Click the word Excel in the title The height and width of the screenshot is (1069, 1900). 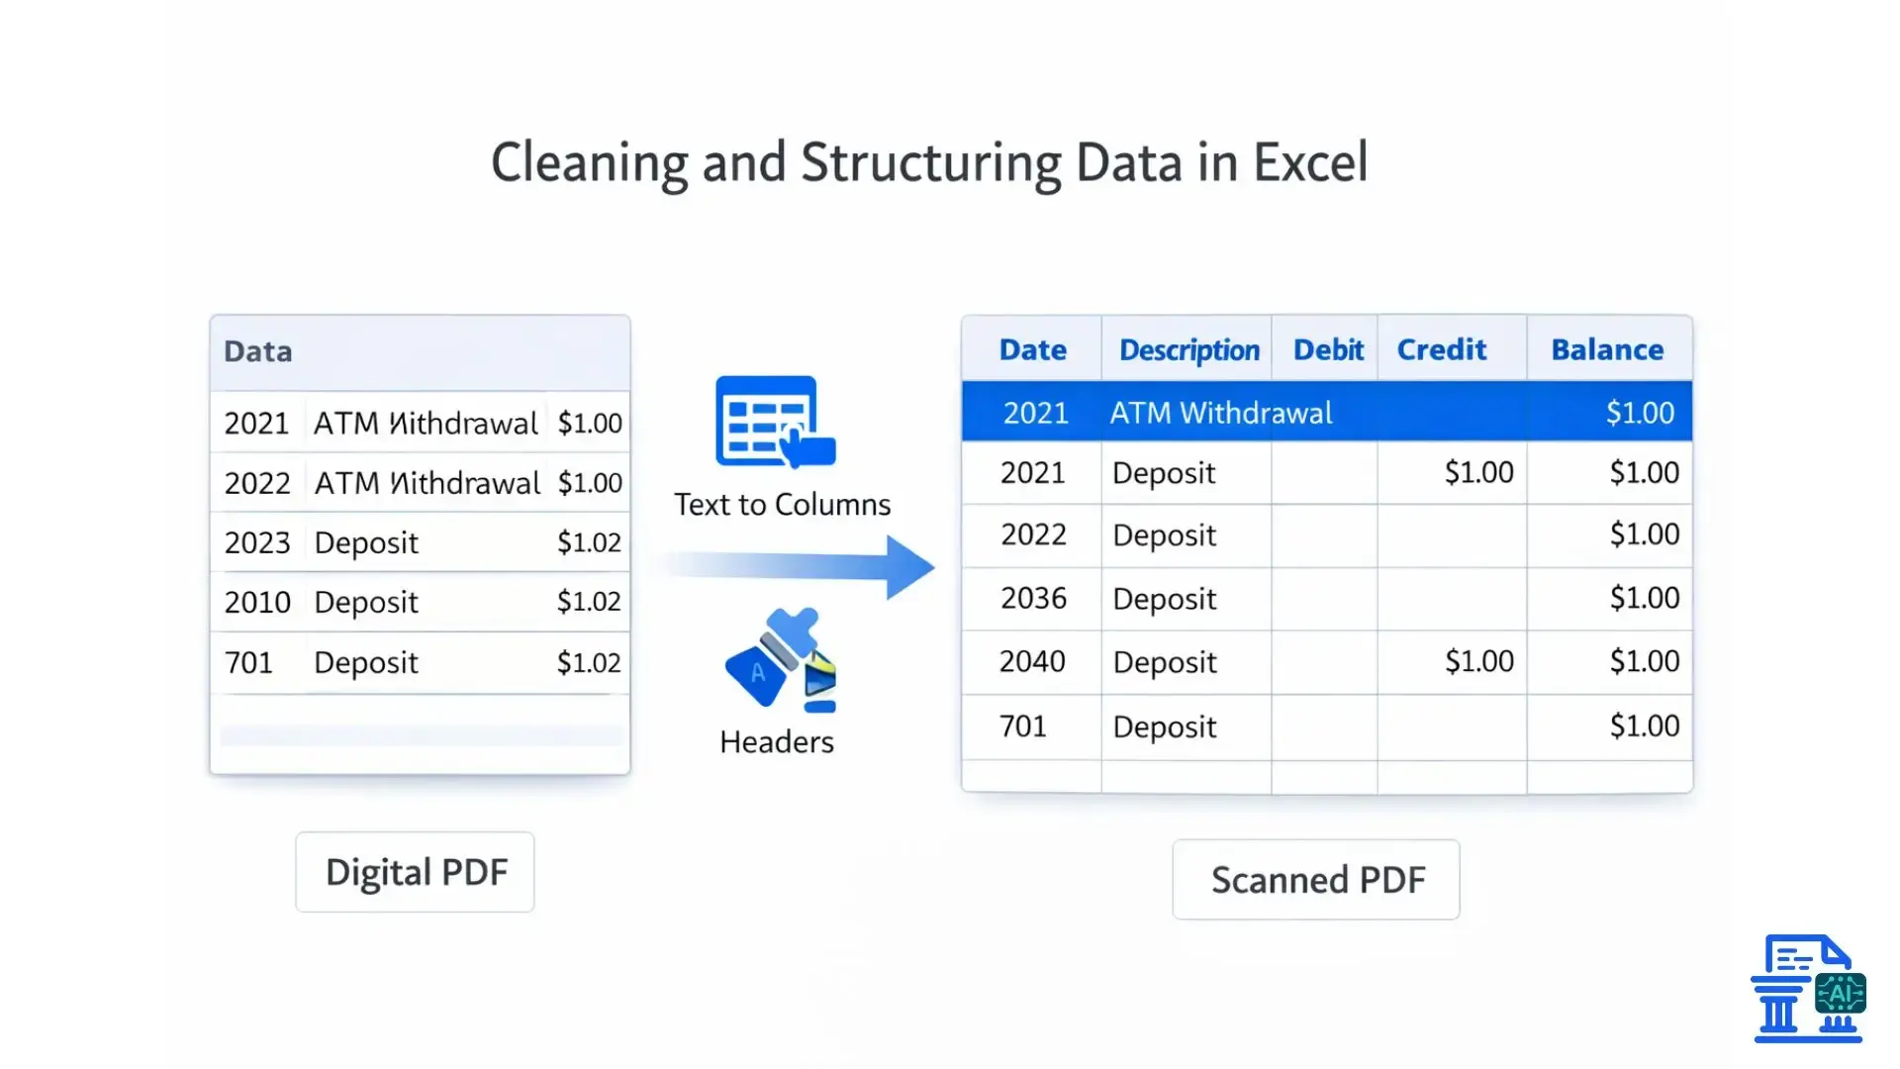coord(1310,163)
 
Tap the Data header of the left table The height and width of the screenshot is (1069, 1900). coord(258,352)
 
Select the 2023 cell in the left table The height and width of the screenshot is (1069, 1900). coord(257,543)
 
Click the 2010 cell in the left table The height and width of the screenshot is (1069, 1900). coord(257,603)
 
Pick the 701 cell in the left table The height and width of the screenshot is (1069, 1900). coord(248,663)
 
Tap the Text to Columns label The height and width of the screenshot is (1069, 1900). coord(782,505)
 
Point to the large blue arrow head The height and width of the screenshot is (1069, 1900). coord(909,567)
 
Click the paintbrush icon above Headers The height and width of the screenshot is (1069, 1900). coord(780,659)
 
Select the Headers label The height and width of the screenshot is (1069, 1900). coord(777,742)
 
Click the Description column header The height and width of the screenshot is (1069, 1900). coord(1188,350)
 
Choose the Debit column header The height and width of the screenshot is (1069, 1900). coord(1328,350)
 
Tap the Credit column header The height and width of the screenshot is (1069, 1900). coord(1441,350)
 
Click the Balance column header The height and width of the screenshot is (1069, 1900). coord(1607,350)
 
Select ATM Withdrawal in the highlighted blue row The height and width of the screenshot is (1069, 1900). coord(1220,413)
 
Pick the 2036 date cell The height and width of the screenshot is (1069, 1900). coord(1033,599)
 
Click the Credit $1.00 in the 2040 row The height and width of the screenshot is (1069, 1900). coord(1478,661)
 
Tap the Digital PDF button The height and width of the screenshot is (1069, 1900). coord(416,872)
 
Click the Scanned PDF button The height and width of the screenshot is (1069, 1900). coord(1317,880)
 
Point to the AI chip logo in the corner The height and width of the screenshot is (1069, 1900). coord(1840,994)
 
